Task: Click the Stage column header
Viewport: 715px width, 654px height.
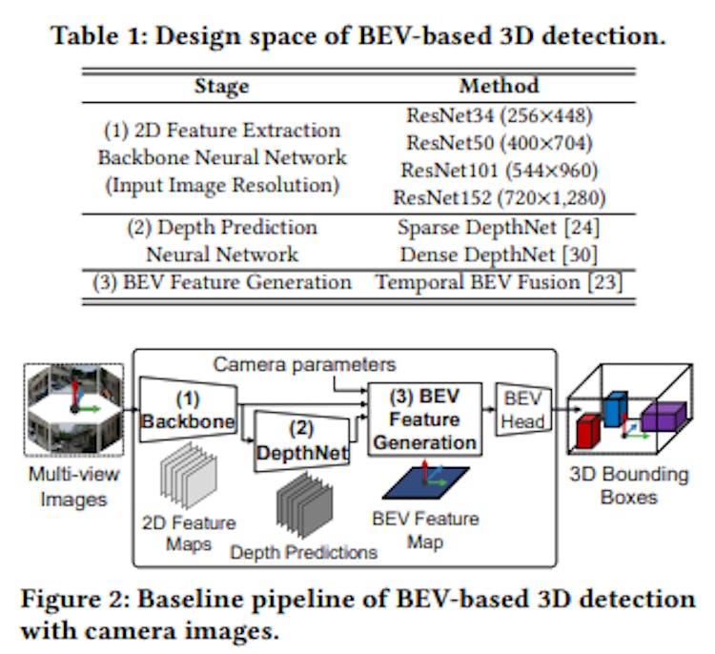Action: [x=220, y=87]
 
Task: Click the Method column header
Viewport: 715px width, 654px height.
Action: [x=499, y=87]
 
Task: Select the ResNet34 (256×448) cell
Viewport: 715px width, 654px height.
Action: [x=499, y=116]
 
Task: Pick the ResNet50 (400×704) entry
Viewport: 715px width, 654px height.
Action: [x=499, y=144]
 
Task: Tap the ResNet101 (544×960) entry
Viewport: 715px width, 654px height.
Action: [x=499, y=172]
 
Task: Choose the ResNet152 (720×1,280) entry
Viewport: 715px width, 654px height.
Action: [x=499, y=199]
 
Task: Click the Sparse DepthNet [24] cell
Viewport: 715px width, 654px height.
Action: [x=499, y=228]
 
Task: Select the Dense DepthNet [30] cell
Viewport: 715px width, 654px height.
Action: [x=499, y=255]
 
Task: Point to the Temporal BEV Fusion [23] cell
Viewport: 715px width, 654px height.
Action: [x=499, y=283]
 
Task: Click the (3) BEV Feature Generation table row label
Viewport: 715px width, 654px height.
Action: [x=221, y=283]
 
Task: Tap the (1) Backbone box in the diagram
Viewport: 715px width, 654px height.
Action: [x=187, y=409]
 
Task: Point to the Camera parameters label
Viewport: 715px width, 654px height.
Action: [x=303, y=364]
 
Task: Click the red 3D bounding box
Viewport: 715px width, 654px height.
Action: [x=588, y=433]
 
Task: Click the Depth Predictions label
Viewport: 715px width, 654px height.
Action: [x=304, y=552]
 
